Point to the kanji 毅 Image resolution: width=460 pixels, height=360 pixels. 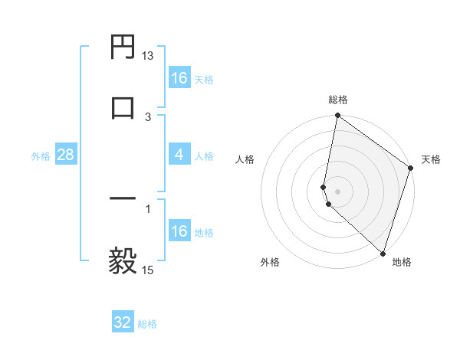(123, 260)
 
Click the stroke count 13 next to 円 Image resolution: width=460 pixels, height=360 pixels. (148, 56)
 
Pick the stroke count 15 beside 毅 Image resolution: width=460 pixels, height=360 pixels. (148, 270)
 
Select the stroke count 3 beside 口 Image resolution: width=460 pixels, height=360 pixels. (148, 117)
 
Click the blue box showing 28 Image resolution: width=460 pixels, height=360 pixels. (66, 155)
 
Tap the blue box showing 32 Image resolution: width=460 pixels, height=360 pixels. (123, 322)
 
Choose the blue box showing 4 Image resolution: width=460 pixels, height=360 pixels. (179, 155)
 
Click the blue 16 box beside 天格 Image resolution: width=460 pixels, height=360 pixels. (179, 78)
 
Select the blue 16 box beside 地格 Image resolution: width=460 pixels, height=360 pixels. (179, 231)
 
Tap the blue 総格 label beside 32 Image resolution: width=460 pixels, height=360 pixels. (147, 324)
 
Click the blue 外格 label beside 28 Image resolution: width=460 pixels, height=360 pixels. (41, 156)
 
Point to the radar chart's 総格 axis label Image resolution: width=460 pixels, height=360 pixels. (338, 100)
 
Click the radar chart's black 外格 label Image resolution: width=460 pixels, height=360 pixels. (270, 262)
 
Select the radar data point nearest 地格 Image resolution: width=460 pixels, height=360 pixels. (383, 254)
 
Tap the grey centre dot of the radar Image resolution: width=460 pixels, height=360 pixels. (337, 191)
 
